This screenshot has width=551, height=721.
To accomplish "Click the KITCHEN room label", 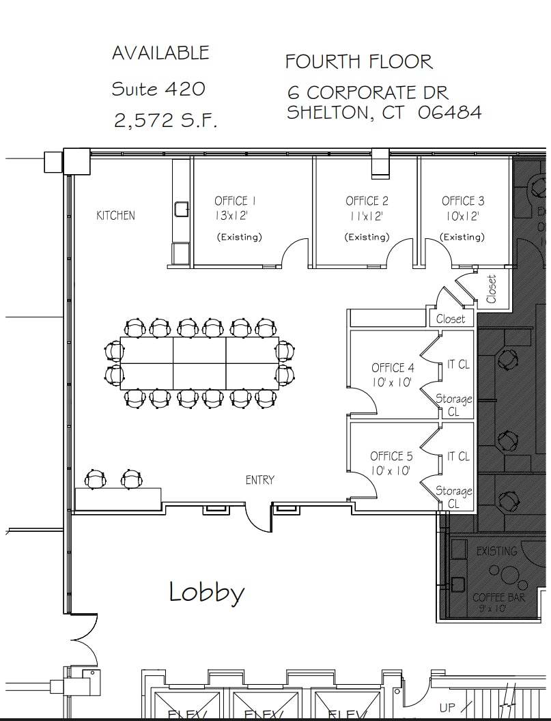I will click(x=115, y=216).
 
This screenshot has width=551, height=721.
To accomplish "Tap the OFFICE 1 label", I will click(x=235, y=201).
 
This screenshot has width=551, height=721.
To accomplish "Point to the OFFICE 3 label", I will click(x=463, y=201).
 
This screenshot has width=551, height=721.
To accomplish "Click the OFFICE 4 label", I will click(x=393, y=368).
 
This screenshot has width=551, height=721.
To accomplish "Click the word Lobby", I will click(x=206, y=592).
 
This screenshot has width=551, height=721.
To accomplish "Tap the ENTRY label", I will click(x=259, y=481).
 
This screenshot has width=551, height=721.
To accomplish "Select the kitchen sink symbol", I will click(x=181, y=208).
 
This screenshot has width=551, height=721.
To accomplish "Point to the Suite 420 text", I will click(x=158, y=89).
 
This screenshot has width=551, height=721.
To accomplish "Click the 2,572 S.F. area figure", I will click(x=165, y=121).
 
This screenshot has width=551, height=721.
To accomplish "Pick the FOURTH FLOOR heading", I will click(x=358, y=61).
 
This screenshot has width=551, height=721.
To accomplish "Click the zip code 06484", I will click(x=449, y=113).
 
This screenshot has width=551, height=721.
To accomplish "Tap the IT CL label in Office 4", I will click(x=458, y=365).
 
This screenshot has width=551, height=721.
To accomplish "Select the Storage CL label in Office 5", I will click(x=454, y=497).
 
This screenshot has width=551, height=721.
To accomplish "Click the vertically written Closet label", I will click(x=492, y=289).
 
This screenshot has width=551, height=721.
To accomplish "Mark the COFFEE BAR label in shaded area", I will click(x=498, y=598).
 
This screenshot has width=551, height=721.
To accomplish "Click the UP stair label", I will click(x=448, y=708).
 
